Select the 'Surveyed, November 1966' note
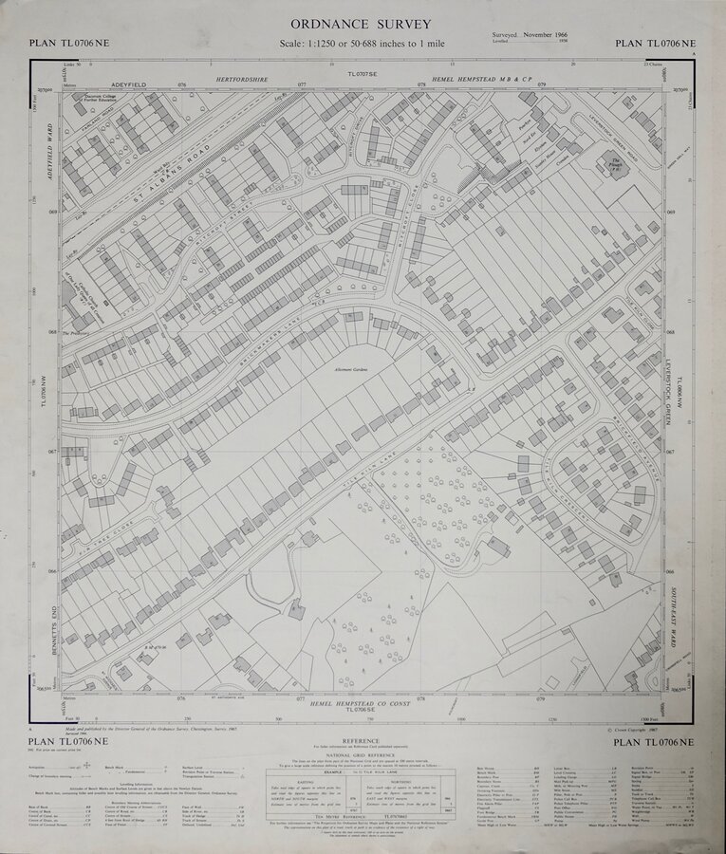pos(537,35)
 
